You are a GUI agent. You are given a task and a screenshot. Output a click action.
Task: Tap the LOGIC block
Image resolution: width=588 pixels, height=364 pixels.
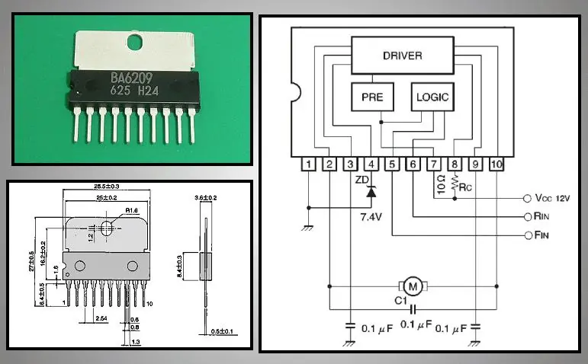432,97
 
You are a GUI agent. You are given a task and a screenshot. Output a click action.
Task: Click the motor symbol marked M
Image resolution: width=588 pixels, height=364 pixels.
413,286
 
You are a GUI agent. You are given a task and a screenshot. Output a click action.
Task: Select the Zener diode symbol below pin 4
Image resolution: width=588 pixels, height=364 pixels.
371,193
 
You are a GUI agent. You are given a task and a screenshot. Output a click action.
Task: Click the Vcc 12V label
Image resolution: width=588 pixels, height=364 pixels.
554,199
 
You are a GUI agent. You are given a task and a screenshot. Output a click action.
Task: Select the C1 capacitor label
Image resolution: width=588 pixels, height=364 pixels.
400,299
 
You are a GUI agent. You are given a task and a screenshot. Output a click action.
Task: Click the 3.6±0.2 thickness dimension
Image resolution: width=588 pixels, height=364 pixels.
205,197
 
